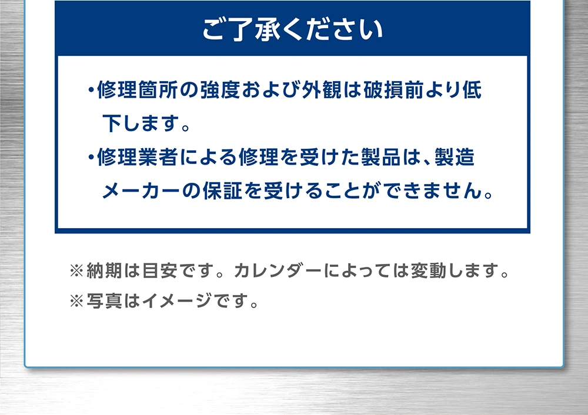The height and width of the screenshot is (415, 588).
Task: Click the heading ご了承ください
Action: tap(292, 29)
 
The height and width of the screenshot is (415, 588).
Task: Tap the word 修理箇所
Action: tap(137, 90)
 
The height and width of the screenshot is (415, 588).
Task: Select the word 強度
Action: tap(220, 90)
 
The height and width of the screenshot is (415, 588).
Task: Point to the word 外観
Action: tap(322, 90)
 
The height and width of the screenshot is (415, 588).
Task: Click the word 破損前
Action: tap(393, 90)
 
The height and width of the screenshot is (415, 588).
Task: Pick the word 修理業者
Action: tap(137, 157)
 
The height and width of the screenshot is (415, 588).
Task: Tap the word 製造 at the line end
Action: tap(455, 157)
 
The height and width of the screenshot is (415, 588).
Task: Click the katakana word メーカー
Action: tap(141, 190)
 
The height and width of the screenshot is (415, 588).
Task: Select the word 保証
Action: tap(222, 190)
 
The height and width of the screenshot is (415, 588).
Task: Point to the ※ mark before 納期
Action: tap(76, 270)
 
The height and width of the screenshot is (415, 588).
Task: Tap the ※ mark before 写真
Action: tap(76, 300)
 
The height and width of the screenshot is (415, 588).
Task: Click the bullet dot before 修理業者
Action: tap(91, 157)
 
